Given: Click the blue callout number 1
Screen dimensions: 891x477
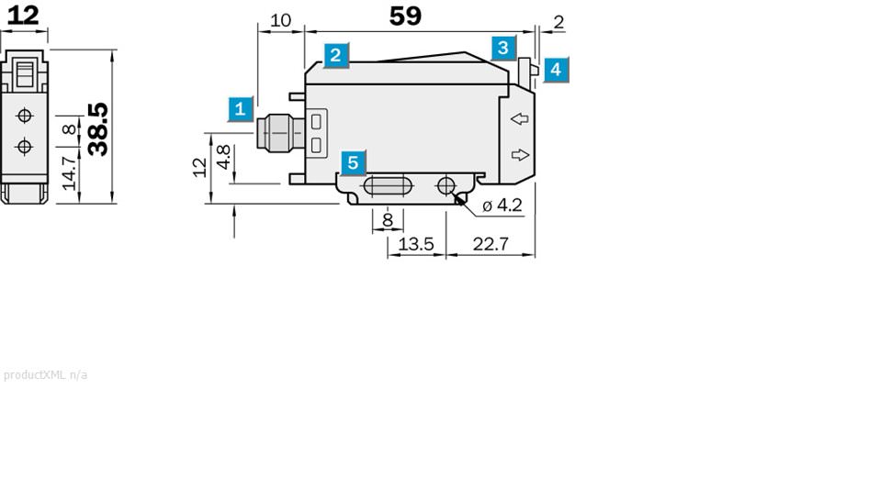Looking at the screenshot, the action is [241, 109].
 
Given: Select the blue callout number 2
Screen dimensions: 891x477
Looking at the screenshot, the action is [336, 56].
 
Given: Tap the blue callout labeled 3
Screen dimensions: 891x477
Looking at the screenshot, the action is [502, 49].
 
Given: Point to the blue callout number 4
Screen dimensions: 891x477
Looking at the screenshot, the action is [556, 70].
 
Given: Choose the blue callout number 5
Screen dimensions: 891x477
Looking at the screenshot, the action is [353, 162].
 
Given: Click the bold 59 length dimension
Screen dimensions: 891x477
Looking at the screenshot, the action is [405, 16].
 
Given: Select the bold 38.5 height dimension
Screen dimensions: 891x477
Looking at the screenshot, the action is [98, 128].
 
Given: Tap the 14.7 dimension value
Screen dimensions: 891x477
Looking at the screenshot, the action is [69, 173].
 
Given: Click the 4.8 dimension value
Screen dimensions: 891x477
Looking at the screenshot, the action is [224, 157].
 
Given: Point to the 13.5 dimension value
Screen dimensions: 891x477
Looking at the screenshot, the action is [416, 244].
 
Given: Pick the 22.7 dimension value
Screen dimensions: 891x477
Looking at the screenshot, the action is [491, 244].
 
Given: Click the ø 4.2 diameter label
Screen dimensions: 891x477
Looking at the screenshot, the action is [502, 205].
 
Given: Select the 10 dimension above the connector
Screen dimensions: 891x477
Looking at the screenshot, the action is [280, 20].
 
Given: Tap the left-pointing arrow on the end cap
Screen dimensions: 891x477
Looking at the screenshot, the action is [520, 118].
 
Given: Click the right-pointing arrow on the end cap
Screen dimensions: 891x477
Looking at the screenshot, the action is [520, 155].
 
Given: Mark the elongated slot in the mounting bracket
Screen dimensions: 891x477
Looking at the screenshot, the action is [389, 186].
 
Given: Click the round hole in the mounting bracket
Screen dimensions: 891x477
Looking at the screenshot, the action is [446, 185].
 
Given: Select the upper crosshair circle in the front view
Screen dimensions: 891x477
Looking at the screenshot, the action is [25, 116].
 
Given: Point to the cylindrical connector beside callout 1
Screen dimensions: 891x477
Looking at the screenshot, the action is [281, 133].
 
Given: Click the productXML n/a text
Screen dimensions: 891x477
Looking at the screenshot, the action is [45, 375].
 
